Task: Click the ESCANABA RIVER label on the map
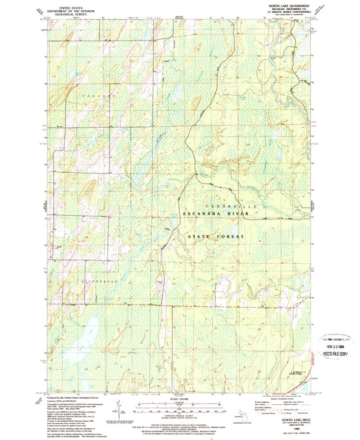pyautogui.click(x=215, y=214)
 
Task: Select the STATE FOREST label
pyautogui.click(x=215, y=237)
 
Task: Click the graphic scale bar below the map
pyautogui.click(x=179, y=407)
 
